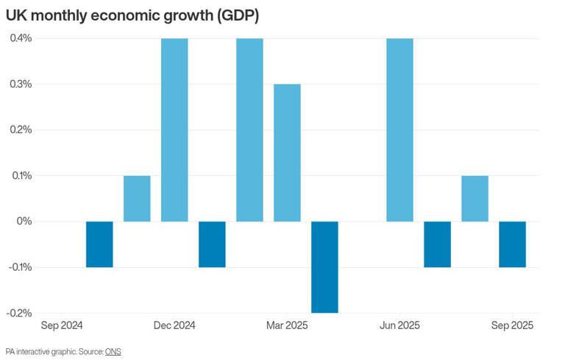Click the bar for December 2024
174,130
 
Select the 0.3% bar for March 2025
287,152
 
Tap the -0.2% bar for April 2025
324,267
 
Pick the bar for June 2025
399,130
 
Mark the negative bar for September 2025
512,244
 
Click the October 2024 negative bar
99,244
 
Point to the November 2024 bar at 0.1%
137,198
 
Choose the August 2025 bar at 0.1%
475,198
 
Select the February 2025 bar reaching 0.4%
249,130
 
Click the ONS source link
113,352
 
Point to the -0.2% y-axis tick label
18,313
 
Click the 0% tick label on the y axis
24,222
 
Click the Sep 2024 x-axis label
62,325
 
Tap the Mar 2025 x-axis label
287,325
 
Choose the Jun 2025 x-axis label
399,325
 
